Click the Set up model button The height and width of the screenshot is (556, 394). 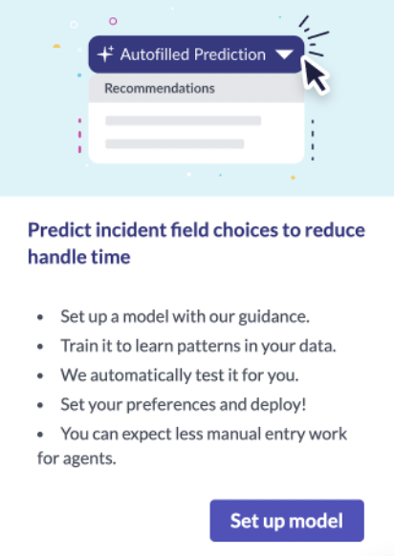pyautogui.click(x=287, y=521)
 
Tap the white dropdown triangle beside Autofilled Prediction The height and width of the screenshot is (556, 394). pyautogui.click(x=284, y=55)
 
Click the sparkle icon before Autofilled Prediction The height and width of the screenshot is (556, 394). pyautogui.click(x=106, y=54)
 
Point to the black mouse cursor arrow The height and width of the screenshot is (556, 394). pyautogui.click(x=316, y=75)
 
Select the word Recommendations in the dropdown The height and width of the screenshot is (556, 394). pyautogui.click(x=160, y=88)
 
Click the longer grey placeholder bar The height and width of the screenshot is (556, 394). pyautogui.click(x=184, y=120)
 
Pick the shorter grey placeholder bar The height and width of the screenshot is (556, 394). pyautogui.click(x=175, y=143)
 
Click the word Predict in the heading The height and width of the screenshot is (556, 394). pyautogui.click(x=60, y=230)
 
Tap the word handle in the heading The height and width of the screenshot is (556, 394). pyautogui.click(x=55, y=256)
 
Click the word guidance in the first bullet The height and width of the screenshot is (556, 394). pyautogui.click(x=274, y=316)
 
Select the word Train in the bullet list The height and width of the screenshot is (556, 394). pyautogui.click(x=79, y=346)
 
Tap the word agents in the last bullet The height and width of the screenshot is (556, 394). pyautogui.click(x=89, y=459)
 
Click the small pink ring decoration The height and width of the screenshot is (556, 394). pyautogui.click(x=113, y=21)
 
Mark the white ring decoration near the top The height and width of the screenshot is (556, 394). pyautogui.click(x=74, y=25)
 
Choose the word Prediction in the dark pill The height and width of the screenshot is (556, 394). pyautogui.click(x=230, y=54)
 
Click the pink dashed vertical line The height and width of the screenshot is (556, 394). pyautogui.click(x=79, y=136)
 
